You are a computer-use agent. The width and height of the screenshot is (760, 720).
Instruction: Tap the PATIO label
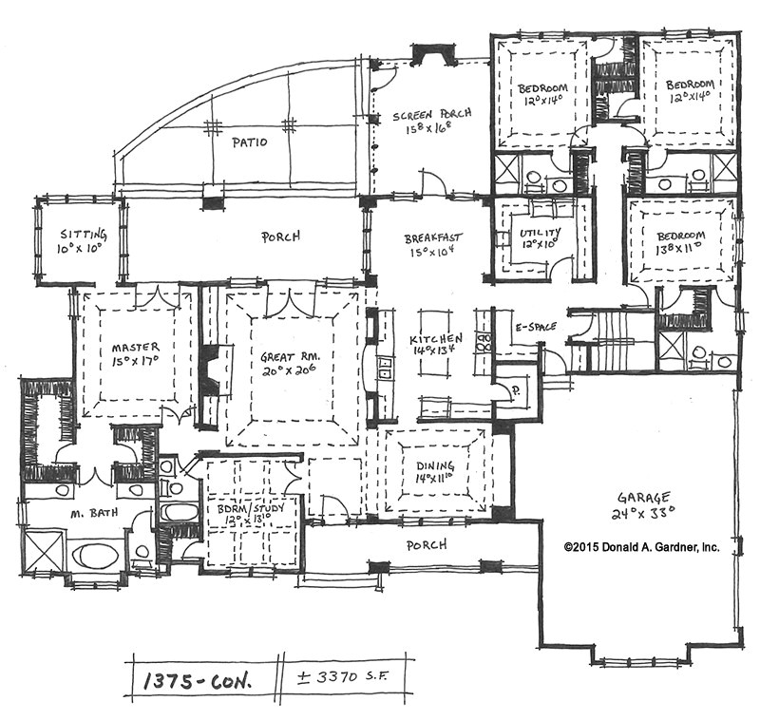coord(249,142)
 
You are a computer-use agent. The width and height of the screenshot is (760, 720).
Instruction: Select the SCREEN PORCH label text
coord(431,115)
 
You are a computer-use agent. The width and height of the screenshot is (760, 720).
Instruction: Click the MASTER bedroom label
coord(135,348)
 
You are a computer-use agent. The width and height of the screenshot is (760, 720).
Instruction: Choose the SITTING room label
coord(84,235)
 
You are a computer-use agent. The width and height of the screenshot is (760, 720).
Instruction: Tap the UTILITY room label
coord(541,233)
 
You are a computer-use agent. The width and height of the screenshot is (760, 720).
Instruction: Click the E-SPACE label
coord(536,327)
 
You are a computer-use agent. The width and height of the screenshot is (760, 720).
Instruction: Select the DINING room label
coord(435,465)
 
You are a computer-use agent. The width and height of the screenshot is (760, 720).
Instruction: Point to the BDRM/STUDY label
coord(250,509)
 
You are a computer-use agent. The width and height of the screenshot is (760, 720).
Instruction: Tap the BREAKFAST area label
coord(433,237)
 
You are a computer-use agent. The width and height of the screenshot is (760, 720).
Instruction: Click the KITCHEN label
coord(436,338)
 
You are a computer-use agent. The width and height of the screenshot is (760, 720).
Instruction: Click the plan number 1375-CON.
coord(198,682)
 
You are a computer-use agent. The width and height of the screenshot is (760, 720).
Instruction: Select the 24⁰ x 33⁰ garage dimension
coord(644,513)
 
